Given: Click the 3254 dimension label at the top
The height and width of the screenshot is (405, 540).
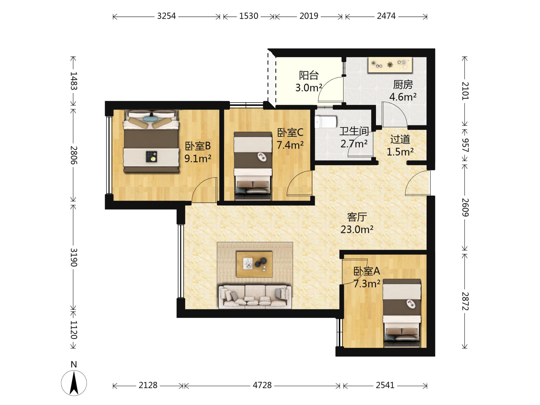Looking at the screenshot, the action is (x=166, y=16).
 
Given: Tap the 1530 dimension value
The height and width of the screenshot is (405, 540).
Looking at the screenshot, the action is (x=249, y=16).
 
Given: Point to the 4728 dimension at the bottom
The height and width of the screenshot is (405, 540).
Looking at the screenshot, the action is (x=262, y=385).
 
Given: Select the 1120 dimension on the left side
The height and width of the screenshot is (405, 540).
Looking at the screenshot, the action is (x=74, y=330).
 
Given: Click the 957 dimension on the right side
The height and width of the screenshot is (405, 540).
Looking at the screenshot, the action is (x=465, y=145).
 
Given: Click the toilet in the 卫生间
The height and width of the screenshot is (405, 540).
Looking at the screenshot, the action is (x=326, y=122).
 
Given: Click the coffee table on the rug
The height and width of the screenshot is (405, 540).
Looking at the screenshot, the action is (x=254, y=264).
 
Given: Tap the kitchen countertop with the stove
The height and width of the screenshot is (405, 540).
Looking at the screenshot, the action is (x=390, y=65).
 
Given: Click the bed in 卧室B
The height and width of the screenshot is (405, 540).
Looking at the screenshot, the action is (x=151, y=141).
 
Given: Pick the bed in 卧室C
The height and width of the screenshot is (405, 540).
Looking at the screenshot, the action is (x=253, y=166).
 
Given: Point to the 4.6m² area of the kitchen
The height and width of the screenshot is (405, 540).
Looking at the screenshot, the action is (x=403, y=97).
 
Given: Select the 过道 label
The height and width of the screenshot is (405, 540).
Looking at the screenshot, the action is (x=400, y=139).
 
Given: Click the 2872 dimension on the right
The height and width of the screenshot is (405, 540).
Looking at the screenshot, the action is (x=465, y=301).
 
